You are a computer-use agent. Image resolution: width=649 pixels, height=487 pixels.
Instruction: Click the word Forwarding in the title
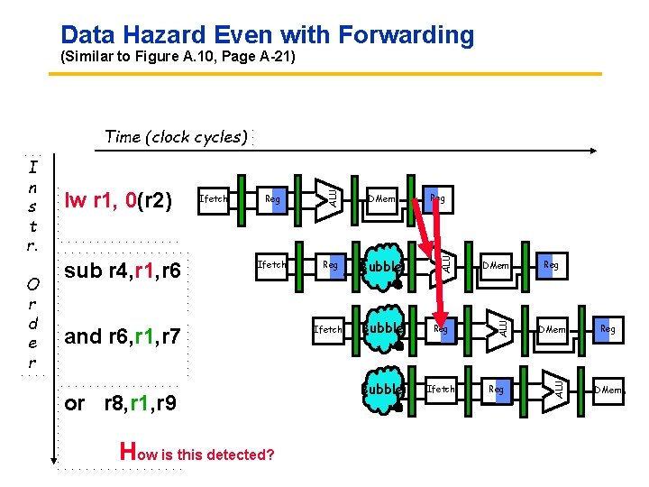pos(406,35)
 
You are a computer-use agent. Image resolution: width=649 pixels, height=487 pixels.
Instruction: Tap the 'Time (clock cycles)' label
pos(176,137)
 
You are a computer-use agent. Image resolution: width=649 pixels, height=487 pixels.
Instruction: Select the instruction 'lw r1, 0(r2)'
pos(117,199)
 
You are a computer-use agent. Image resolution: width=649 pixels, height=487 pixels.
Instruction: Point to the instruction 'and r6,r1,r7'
pos(123,336)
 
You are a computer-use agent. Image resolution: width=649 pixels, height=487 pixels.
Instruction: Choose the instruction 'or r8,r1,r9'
pos(121,403)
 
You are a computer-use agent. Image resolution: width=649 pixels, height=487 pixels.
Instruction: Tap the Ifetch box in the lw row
pos(213,198)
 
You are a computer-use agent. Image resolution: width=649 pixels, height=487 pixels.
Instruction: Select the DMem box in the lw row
pos(382,198)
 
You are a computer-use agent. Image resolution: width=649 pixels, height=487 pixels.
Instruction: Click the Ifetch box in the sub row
pos(271,264)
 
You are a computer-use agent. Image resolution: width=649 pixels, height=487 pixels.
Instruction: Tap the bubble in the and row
pos(381,329)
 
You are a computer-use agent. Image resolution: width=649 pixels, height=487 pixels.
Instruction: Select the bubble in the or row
pos(381,390)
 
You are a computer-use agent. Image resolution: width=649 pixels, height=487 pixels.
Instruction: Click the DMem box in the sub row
pos(496,265)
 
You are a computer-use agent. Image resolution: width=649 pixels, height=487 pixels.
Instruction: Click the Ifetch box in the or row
pos(441,390)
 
